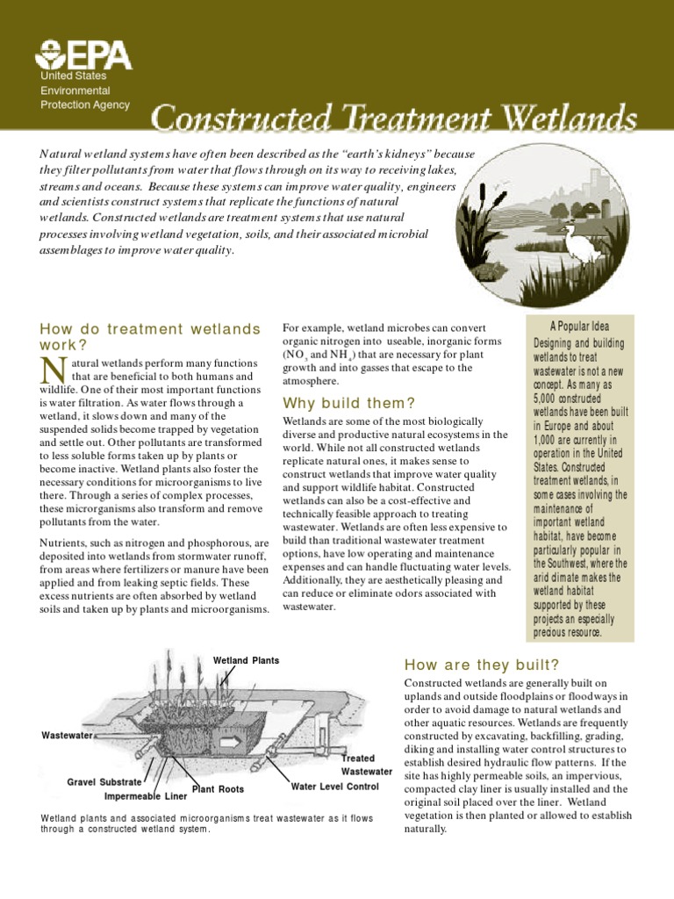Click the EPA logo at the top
tap(82, 57)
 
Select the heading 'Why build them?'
tap(348, 403)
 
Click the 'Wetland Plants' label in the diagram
tap(246, 660)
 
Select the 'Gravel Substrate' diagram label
tap(104, 781)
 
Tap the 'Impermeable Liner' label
tap(145, 797)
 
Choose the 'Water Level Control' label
tap(334, 787)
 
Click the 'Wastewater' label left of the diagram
tap(68, 736)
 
